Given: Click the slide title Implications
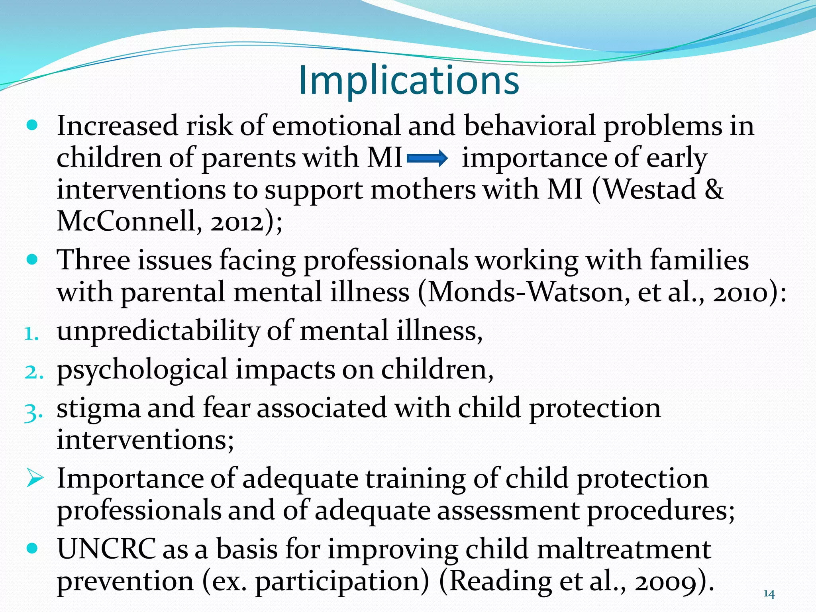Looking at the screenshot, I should [x=409, y=80].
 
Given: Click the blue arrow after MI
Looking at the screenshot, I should [x=427, y=159].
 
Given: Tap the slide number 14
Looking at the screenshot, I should [x=769, y=594].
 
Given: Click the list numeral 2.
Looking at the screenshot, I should [x=33, y=372].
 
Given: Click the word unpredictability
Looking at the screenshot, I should [x=158, y=331].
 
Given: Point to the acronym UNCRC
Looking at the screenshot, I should [x=106, y=549].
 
